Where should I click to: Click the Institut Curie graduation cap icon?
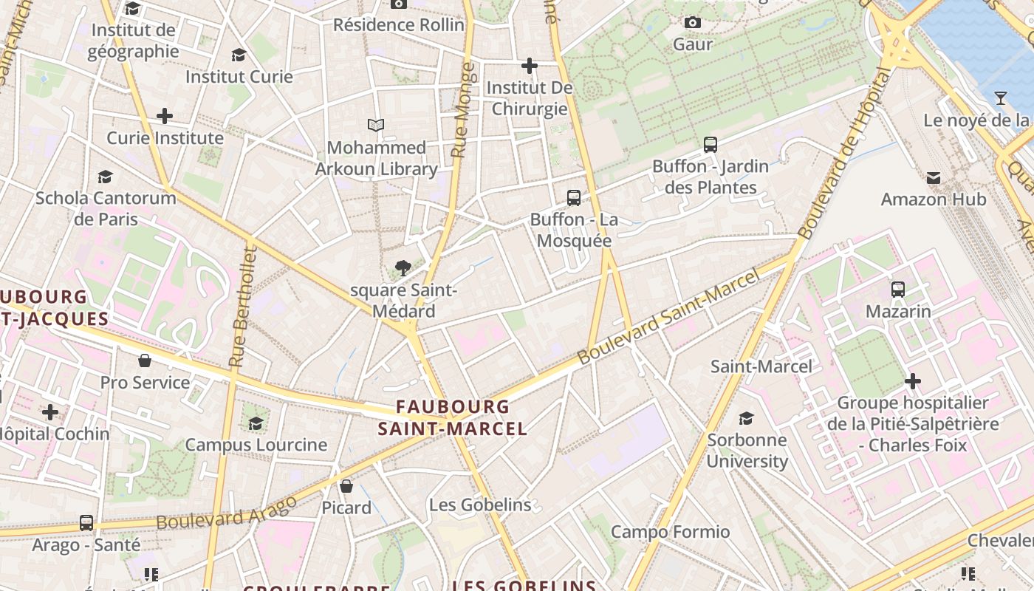point(239,55)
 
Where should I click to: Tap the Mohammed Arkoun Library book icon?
point(376,126)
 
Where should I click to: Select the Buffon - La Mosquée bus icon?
point(574,198)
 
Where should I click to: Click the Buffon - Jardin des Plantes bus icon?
point(711,145)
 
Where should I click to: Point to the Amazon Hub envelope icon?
point(934,177)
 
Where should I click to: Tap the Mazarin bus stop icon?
point(898,290)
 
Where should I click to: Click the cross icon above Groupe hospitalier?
point(913,381)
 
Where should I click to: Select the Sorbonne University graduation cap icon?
point(747,418)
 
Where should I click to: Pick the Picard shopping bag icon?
point(346,486)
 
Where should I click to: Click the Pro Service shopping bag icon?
point(145,361)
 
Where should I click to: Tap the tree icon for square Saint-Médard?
point(403,268)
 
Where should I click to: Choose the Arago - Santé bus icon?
point(86,523)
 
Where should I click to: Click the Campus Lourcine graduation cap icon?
point(256,423)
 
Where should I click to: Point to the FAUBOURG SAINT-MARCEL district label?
point(453,417)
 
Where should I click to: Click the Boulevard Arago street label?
point(226,513)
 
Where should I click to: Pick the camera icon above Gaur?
point(692,23)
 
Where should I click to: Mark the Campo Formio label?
point(670,532)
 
